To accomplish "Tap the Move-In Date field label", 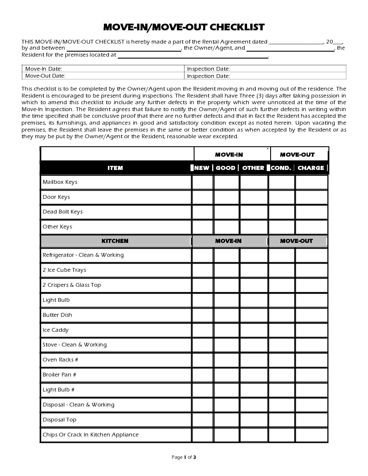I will click(x=44, y=69).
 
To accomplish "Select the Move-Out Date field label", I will click(x=45, y=76).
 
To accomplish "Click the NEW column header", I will click(x=202, y=168).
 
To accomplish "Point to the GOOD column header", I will click(x=225, y=168).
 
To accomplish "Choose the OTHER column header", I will click(x=253, y=168).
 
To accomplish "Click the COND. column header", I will click(x=281, y=168).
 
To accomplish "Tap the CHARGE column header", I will click(x=311, y=168).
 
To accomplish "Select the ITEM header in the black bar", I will click(x=115, y=168).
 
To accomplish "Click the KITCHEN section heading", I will click(x=115, y=241).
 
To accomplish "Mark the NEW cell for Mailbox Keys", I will click(x=203, y=182).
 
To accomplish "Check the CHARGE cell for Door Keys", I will click(x=311, y=197).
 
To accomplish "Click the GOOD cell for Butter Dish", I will click(x=227, y=315).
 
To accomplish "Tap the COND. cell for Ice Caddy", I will click(x=282, y=330).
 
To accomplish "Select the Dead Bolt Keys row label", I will click(x=63, y=212).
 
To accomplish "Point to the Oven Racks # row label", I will click(x=60, y=360).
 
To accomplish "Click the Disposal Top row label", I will click(x=59, y=420).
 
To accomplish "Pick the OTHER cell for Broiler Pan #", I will click(x=254, y=375).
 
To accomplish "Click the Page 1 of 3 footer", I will click(x=184, y=457).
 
